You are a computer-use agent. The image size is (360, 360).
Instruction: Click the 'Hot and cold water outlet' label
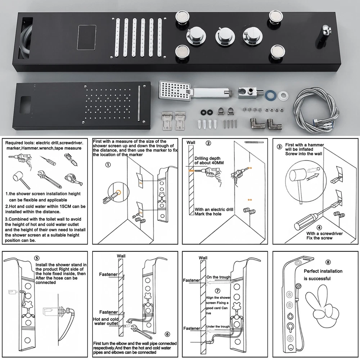106,321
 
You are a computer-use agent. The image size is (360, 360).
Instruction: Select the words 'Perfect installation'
323,271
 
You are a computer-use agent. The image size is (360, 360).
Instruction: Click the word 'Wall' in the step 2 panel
191,143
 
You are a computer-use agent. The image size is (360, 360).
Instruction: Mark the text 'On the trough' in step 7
218,277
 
